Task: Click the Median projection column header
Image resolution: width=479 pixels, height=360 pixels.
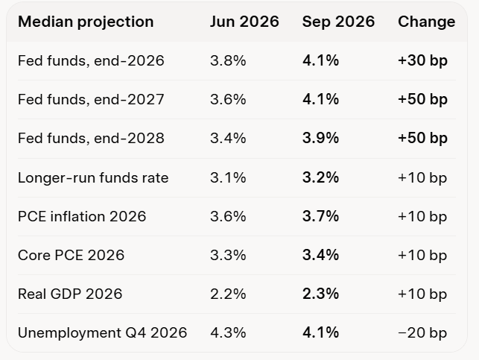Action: click(x=86, y=22)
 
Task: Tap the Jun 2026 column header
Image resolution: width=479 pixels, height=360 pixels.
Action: click(x=244, y=22)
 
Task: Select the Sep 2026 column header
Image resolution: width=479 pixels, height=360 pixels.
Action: click(x=338, y=22)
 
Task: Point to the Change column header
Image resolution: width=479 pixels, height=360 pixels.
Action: click(x=426, y=22)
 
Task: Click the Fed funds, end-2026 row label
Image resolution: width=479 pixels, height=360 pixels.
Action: click(x=91, y=60)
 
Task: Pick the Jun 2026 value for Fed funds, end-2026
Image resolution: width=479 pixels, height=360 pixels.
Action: click(x=228, y=60)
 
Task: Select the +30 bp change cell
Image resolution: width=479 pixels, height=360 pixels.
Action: click(x=423, y=60)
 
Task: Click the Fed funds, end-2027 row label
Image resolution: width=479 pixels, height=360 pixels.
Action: click(x=91, y=99)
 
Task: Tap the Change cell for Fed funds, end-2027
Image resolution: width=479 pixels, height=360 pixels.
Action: click(x=423, y=99)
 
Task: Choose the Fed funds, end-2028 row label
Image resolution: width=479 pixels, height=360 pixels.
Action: click(x=91, y=138)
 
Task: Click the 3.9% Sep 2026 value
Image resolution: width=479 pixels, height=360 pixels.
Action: click(x=320, y=138)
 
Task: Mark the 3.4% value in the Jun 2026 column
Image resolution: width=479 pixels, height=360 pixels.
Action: click(x=228, y=138)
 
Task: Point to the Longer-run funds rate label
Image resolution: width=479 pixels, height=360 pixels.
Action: click(x=93, y=178)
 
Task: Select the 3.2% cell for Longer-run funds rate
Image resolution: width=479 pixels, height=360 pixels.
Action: click(x=320, y=177)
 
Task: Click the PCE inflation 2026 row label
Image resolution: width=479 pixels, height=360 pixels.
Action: click(x=82, y=216)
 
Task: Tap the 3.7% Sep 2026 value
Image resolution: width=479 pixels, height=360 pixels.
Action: click(x=320, y=216)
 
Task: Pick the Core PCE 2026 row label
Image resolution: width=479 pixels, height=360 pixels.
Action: click(x=72, y=255)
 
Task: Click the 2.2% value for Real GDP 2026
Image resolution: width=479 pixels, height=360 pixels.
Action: click(x=228, y=294)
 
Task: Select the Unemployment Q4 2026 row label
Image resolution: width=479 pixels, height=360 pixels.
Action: click(x=102, y=333)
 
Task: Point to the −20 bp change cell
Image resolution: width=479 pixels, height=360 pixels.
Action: click(x=422, y=333)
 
